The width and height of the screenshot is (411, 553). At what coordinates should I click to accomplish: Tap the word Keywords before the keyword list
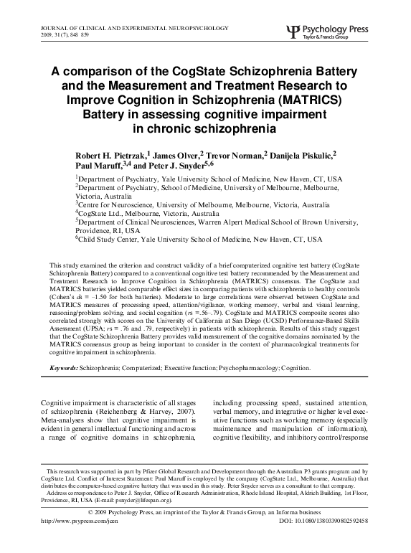coord(63,368)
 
